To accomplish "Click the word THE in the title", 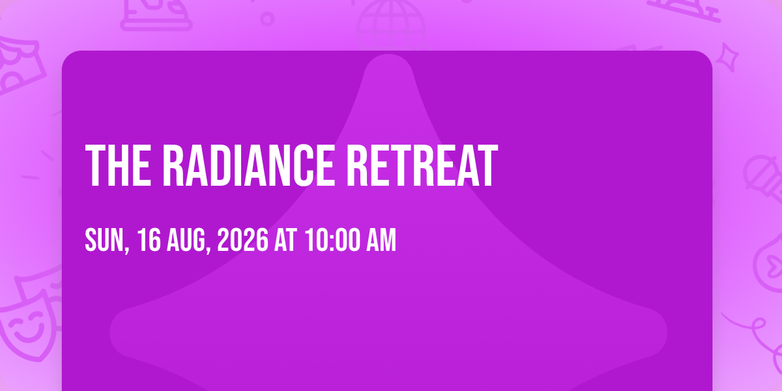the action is (x=118, y=166).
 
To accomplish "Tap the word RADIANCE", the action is (x=248, y=166).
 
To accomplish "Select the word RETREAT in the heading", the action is (x=422, y=166).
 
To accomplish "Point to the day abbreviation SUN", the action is (x=104, y=240).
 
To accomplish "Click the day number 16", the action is (x=149, y=240).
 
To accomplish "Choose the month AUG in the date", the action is (x=185, y=240).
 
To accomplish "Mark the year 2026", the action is (x=243, y=240).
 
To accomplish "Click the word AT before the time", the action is (x=285, y=240).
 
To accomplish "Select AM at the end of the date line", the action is (x=381, y=240).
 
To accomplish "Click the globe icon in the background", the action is (x=391, y=25).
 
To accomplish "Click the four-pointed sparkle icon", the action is (x=727, y=57).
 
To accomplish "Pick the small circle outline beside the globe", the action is (x=267, y=19).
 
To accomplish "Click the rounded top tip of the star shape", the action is (x=388, y=55).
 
